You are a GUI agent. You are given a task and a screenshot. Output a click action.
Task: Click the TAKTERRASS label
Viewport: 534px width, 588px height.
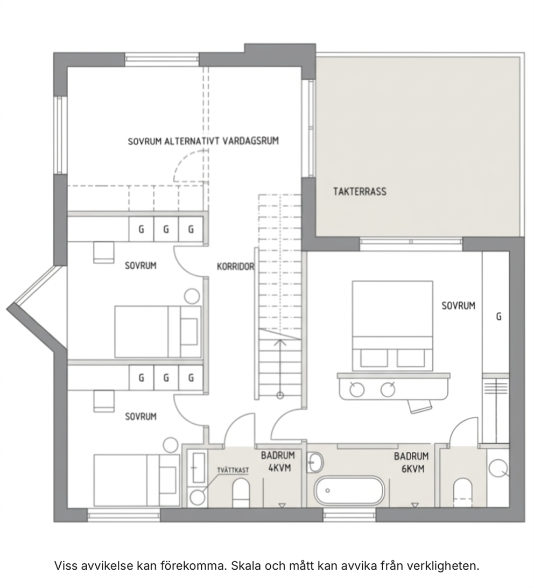360,192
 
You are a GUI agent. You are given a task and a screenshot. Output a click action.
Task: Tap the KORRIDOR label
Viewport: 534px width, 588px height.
235,267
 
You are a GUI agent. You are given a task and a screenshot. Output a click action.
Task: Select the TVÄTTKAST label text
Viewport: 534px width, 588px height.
233,470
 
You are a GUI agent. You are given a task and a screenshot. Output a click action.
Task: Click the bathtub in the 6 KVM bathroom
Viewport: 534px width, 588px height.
349,491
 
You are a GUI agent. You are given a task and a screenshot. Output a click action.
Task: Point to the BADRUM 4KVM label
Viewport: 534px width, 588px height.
278,461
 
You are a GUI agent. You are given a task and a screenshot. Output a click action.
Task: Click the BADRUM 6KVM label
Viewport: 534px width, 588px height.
411,463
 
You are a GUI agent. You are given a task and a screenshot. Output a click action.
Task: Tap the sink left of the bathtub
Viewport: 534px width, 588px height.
315,462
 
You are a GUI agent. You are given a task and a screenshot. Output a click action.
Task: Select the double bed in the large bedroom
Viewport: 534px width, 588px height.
392,326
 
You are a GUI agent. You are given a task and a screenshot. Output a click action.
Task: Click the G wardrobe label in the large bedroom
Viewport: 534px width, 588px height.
499,317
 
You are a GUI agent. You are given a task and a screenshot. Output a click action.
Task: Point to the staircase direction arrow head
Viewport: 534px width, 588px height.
280,342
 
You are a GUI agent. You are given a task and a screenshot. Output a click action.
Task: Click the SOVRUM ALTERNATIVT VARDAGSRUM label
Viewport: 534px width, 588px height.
203,141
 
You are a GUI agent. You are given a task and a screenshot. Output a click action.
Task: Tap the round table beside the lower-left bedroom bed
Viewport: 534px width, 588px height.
171,445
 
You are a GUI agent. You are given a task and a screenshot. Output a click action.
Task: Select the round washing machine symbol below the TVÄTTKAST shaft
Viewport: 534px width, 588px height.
198,498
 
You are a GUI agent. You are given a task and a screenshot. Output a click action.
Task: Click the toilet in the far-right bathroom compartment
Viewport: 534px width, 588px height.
462,492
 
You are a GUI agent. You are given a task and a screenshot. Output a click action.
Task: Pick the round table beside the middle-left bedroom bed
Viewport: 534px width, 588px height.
192,296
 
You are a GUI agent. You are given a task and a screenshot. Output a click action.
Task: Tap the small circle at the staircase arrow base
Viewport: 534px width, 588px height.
280,395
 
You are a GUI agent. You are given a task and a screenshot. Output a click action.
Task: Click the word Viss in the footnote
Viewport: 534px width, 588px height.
67,565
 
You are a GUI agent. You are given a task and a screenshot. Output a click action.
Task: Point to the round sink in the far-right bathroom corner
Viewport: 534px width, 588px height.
499,468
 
